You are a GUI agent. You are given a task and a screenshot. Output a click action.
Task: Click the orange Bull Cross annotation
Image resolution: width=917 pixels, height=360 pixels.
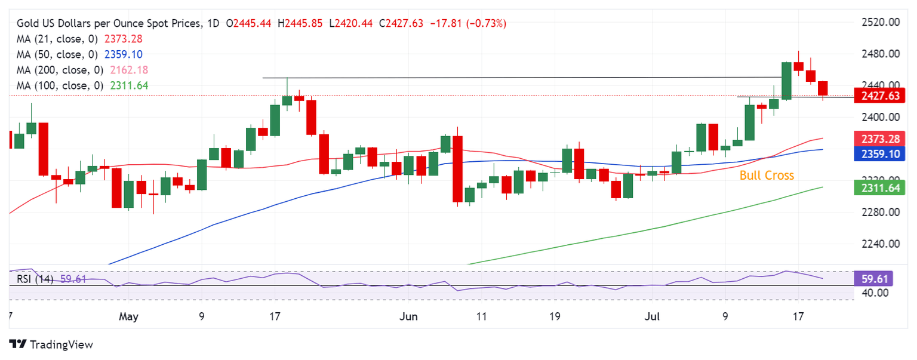tap(767, 176)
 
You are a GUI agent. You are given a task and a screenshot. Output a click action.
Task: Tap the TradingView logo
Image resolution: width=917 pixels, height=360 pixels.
tap(51, 344)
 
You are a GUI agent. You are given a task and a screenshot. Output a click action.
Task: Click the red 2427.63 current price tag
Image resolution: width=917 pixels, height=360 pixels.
tap(879, 96)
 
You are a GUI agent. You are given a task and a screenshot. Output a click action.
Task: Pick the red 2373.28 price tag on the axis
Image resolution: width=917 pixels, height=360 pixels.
tap(879, 139)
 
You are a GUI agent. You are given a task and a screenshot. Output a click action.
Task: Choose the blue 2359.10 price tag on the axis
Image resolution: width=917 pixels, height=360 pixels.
tap(879, 153)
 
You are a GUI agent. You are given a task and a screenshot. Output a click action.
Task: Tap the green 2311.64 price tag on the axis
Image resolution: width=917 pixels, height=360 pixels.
tap(879, 189)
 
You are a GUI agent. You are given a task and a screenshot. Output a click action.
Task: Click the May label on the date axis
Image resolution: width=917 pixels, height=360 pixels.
tap(128, 316)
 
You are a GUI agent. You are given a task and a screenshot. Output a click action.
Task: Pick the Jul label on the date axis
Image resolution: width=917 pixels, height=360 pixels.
tap(651, 316)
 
